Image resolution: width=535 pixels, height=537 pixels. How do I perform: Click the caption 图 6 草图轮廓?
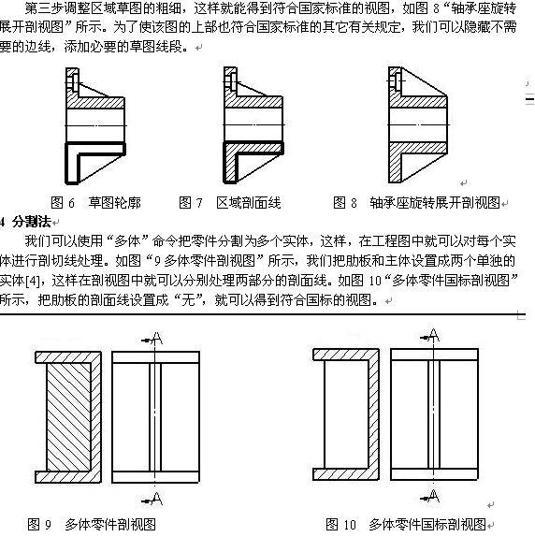[95, 203]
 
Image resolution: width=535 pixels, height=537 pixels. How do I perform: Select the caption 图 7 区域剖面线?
[230, 203]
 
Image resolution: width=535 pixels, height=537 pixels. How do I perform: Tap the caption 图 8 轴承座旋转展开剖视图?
[417, 203]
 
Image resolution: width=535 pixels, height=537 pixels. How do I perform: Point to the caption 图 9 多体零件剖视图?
[92, 524]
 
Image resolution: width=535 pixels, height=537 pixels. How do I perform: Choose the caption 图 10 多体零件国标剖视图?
[406, 524]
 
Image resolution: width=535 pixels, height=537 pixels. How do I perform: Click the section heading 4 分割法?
[25, 222]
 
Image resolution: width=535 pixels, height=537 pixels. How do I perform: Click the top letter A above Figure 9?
[157, 339]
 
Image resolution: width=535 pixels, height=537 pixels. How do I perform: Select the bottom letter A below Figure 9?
[157, 499]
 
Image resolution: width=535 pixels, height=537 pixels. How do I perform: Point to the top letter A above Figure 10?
[434, 335]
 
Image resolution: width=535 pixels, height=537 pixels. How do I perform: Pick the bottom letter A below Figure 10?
[434, 496]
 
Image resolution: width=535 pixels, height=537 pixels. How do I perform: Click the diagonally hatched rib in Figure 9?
[69, 417]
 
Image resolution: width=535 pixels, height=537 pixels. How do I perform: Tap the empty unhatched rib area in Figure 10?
[346, 414]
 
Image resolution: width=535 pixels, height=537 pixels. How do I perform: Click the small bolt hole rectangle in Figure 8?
[398, 81]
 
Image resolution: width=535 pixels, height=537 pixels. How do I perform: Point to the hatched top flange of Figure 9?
[68, 357]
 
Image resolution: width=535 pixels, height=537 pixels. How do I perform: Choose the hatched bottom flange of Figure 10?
[346, 474]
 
